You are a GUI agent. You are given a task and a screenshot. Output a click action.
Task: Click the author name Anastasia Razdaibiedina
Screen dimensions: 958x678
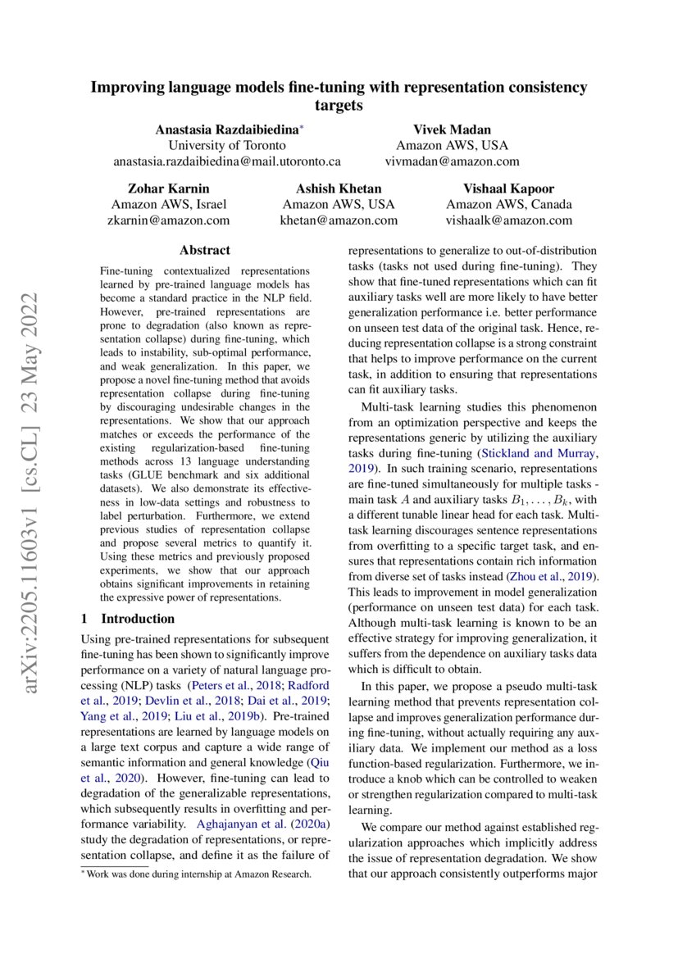tap(226, 129)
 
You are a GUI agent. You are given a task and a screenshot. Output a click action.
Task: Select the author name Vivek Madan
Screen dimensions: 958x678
tap(453, 129)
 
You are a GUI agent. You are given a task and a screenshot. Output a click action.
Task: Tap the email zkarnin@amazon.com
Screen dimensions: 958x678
tap(168, 220)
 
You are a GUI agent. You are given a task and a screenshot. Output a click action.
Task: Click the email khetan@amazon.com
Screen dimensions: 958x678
tap(338, 220)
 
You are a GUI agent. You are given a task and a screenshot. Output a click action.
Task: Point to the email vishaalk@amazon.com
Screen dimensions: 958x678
tap(508, 220)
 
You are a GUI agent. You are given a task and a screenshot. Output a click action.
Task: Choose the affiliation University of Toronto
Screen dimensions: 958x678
tap(227, 145)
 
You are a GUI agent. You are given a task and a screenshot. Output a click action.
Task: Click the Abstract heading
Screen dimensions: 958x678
tap(204, 251)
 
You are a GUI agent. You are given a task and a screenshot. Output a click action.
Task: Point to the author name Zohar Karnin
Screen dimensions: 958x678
tap(168, 188)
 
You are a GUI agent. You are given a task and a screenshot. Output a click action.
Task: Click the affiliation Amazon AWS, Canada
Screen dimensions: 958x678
tap(508, 205)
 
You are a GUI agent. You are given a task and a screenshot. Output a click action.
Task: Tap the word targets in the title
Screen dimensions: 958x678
tap(339, 106)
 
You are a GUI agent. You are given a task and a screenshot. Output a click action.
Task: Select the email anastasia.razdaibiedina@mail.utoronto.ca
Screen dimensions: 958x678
tap(227, 161)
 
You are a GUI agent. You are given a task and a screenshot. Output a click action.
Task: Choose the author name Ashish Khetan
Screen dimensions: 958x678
tap(338, 188)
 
